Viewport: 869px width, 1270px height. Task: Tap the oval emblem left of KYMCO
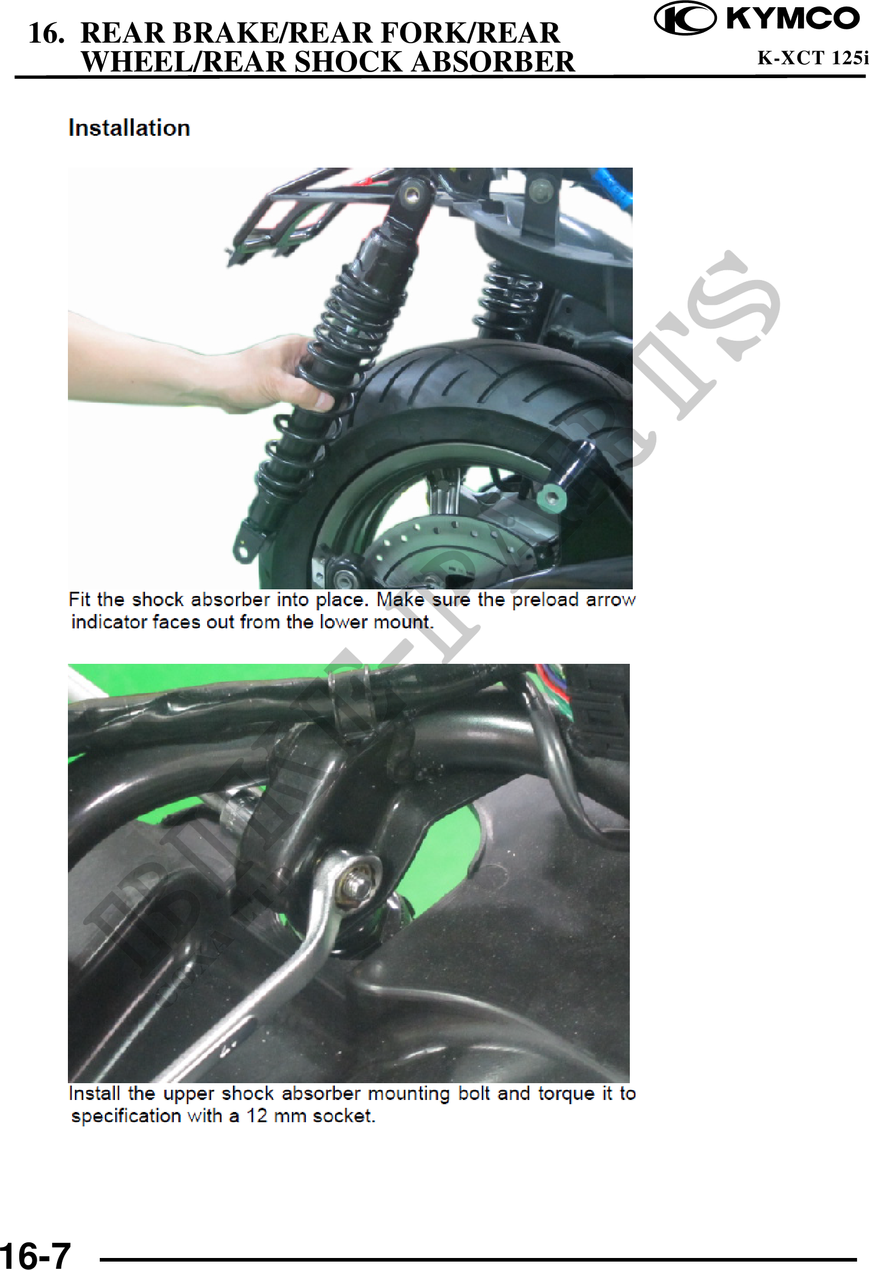(685, 18)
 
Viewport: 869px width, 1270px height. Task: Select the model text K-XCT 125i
(813, 58)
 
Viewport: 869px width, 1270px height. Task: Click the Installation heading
(129, 128)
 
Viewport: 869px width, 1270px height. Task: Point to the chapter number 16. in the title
(46, 33)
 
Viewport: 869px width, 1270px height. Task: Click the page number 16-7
(35, 1255)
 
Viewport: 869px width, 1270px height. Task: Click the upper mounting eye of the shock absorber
(412, 195)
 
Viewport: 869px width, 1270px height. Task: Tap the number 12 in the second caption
(257, 1116)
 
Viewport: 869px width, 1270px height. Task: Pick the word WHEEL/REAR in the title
(183, 62)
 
